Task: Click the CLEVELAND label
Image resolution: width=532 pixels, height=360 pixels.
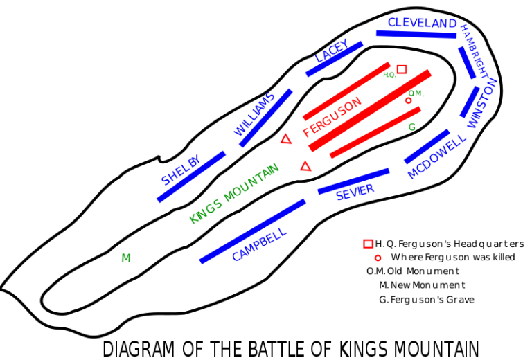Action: click(422, 23)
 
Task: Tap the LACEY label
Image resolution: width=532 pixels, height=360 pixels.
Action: click(332, 51)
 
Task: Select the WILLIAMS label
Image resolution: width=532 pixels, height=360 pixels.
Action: click(254, 114)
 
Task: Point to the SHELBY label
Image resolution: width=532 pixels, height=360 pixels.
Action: click(181, 170)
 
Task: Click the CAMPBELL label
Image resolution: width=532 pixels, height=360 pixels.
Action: click(259, 244)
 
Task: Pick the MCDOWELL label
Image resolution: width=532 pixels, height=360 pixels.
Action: click(436, 156)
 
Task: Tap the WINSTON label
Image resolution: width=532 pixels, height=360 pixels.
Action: click(481, 103)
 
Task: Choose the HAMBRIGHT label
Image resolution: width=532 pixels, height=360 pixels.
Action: click(474, 51)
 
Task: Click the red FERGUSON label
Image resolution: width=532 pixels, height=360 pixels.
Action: click(332, 116)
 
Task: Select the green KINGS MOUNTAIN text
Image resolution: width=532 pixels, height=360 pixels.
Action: click(234, 193)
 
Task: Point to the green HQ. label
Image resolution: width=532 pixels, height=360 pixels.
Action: click(389, 75)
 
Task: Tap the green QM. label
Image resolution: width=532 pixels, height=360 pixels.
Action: click(416, 93)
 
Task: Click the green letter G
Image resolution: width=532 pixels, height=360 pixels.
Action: click(412, 127)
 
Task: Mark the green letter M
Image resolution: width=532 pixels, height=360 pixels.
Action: click(126, 258)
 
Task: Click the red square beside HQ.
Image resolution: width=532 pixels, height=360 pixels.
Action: click(402, 69)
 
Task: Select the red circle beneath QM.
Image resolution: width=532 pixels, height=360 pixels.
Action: click(409, 101)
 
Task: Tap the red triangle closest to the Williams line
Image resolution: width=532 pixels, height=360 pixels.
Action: click(286, 139)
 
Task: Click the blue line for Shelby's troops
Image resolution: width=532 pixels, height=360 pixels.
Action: click(192, 177)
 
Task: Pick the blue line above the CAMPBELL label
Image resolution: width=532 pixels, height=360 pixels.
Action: click(253, 231)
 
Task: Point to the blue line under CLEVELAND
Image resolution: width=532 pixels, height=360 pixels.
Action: click(416, 34)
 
